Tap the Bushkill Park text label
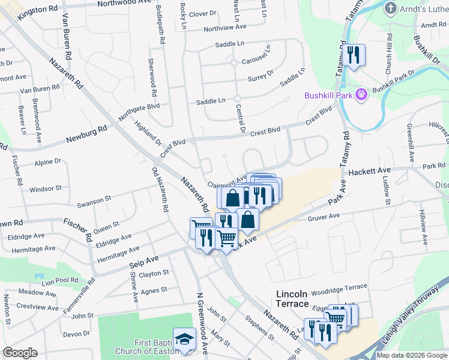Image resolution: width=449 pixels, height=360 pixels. click(328, 95)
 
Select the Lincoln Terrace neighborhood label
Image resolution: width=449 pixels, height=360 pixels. click(292, 299)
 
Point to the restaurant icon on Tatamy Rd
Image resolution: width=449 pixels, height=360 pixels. click(353, 56)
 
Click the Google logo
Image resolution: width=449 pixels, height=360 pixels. click(20, 353)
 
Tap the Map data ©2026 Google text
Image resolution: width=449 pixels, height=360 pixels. click(412, 355)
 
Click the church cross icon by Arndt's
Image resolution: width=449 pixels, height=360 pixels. click(391, 8)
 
